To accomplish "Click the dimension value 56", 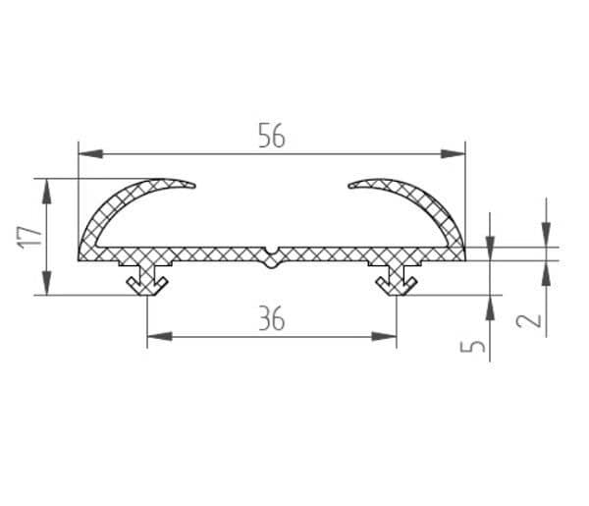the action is (x=272, y=136).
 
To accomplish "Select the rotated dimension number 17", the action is (x=29, y=237).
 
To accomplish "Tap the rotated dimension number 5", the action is (x=472, y=346).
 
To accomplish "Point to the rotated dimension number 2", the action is (x=528, y=321).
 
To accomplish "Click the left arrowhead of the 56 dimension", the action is (x=90, y=153).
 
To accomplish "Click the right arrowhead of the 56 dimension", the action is (x=453, y=153).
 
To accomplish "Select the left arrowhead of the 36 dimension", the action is (x=159, y=336).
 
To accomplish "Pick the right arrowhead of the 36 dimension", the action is (x=384, y=336).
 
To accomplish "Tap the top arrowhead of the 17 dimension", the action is (x=46, y=192).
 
